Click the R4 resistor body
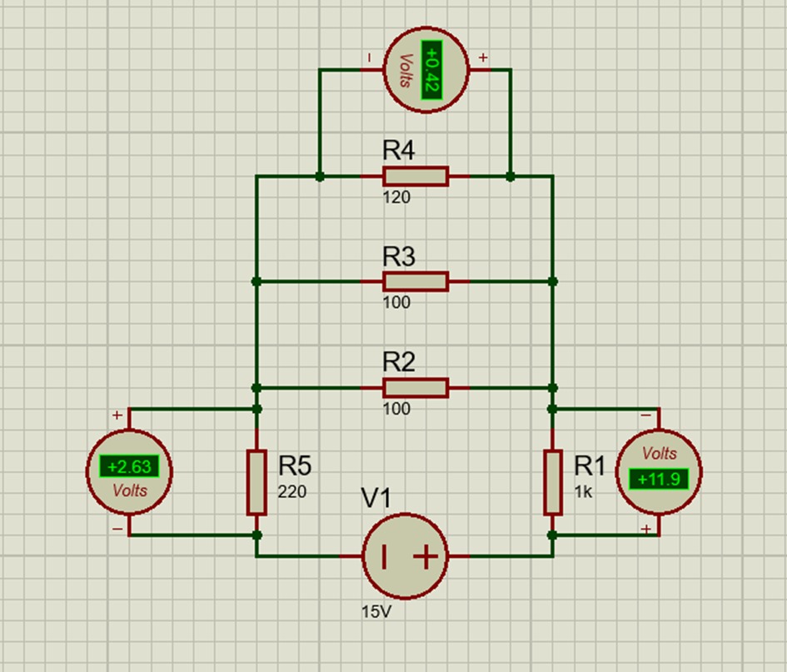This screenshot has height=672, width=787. coord(415,177)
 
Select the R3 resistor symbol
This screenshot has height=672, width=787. coord(415,281)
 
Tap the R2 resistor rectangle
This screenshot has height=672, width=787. coord(415,387)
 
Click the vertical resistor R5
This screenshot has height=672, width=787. coord(257,482)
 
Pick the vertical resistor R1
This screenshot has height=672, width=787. coord(551,482)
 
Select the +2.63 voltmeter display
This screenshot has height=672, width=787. coord(129,466)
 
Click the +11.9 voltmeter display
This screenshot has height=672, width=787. coord(658,479)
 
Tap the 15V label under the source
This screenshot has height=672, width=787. coord(375,611)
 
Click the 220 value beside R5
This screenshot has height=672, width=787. coord(291,492)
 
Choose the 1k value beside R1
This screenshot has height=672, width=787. coord(583,492)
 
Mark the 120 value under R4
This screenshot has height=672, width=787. coord(396,198)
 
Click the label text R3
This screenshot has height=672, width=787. coord(398,256)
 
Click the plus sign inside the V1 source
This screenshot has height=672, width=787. coord(425,556)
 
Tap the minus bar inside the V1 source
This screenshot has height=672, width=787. coord(383,556)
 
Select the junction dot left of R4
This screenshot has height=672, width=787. coord(319,177)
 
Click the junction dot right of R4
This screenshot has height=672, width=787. coord(511,177)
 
